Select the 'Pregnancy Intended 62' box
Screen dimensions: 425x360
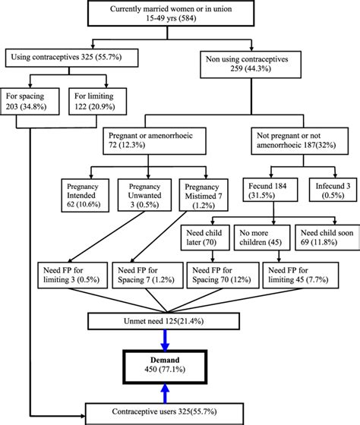pyautogui.click(x=87, y=194)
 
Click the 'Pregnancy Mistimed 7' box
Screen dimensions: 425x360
pyautogui.click(x=202, y=194)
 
